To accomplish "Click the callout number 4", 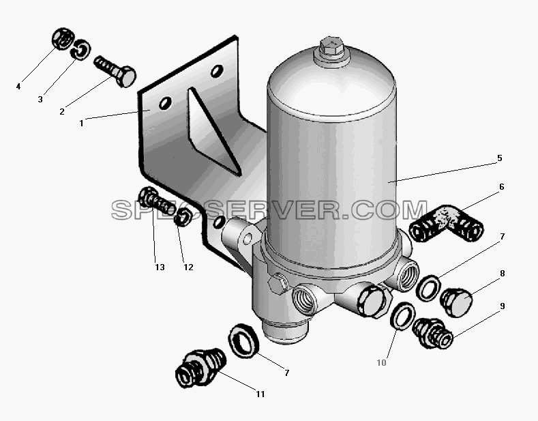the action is [18, 87].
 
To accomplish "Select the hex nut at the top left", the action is [62, 38].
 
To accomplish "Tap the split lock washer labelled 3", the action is [80, 50].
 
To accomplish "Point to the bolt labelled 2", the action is [115, 71].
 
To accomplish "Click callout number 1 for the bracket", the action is [81, 123].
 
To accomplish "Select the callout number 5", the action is [500, 158].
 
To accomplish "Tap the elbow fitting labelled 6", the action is [447, 224].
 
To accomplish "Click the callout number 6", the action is [502, 187].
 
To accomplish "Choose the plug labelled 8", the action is [456, 302].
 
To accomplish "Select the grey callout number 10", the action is [382, 362].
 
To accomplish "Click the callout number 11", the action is [260, 394].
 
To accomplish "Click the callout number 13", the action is [160, 267].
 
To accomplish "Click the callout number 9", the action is [503, 306].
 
